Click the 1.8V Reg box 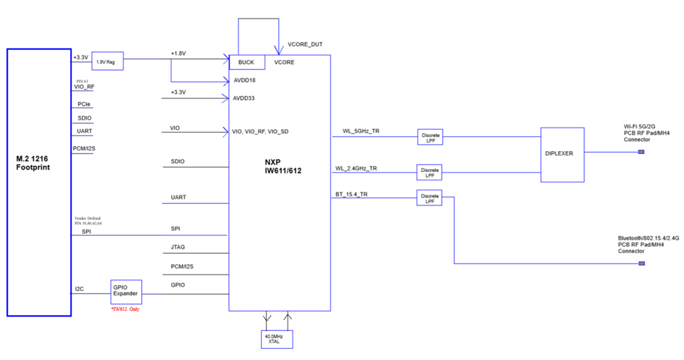(x=107, y=60)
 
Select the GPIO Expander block (x=126, y=291)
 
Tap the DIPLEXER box (x=562, y=154)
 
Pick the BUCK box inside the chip (x=246, y=62)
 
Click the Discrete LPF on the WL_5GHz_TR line (x=430, y=138)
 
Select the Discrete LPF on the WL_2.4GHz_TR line (x=430, y=173)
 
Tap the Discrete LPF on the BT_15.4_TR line (x=430, y=198)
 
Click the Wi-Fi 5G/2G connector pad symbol (x=641, y=152)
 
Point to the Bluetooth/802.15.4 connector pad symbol (x=641, y=264)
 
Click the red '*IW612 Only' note (x=125, y=309)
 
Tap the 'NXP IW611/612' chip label (x=280, y=166)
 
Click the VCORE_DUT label (x=305, y=45)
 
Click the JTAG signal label (x=177, y=247)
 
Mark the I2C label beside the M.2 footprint (x=80, y=288)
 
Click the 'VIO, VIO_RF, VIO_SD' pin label (x=260, y=132)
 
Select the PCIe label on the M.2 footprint (x=84, y=104)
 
